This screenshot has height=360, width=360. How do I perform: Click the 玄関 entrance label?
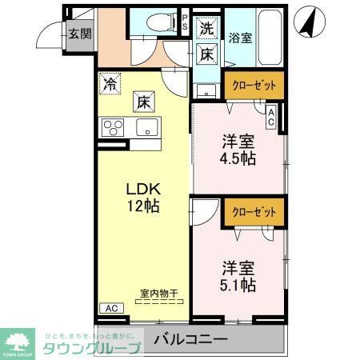78,34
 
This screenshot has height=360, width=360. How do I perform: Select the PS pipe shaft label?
185,22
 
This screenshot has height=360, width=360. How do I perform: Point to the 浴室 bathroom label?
240,37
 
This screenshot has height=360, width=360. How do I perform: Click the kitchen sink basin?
146,126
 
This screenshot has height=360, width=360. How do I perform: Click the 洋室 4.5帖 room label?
238,150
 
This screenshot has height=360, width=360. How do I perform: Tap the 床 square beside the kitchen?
142,102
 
